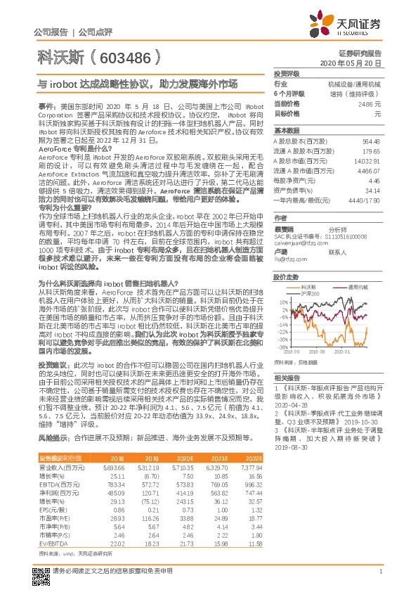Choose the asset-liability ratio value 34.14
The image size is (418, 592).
[372, 190]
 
